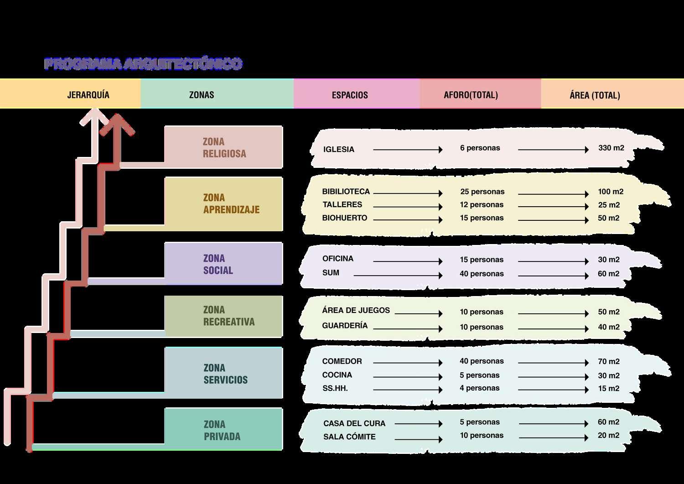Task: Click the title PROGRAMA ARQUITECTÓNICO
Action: click(x=143, y=64)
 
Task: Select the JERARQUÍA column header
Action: click(x=88, y=95)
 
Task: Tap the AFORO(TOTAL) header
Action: click(x=471, y=95)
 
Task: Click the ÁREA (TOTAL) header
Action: click(x=595, y=95)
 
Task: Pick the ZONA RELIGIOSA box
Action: click(x=223, y=147)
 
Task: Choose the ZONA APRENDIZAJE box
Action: click(x=223, y=204)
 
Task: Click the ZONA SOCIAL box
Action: click(x=223, y=264)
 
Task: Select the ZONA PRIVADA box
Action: click(x=223, y=430)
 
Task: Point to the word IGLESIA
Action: click(x=338, y=150)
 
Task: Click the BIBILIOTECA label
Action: click(x=346, y=192)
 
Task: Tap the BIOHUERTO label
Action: click(x=344, y=218)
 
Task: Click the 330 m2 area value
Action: click(x=611, y=148)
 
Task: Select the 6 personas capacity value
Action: click(x=480, y=148)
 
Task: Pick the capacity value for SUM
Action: click(x=482, y=274)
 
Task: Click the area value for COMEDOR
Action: click(x=608, y=362)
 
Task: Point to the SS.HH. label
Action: click(x=335, y=388)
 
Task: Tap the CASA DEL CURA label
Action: click(x=354, y=423)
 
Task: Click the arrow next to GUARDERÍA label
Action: click(x=407, y=328)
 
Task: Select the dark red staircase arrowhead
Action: click(x=118, y=125)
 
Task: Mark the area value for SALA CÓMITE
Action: click(x=608, y=436)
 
